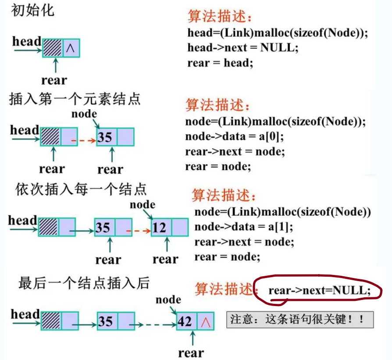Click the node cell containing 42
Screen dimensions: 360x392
(x=185, y=322)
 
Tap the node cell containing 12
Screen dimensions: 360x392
(x=160, y=227)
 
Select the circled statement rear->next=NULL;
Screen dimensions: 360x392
(x=319, y=290)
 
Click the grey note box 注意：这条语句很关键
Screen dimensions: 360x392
(x=300, y=320)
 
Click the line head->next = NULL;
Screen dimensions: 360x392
(x=242, y=47)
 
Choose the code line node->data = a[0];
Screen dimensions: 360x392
(x=235, y=136)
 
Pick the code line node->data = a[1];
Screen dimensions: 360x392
(x=244, y=227)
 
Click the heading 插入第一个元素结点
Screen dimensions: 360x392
(x=75, y=99)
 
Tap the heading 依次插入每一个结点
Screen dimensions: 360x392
(x=81, y=189)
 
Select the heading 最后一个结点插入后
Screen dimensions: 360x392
(x=84, y=283)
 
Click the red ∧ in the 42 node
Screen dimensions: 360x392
(x=205, y=322)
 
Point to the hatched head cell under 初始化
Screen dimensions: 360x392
(x=53, y=48)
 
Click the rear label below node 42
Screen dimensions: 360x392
(x=191, y=353)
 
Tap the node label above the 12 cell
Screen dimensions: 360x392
(x=143, y=205)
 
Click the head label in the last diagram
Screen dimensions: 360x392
(x=25, y=314)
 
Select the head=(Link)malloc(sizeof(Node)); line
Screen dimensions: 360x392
(x=278, y=33)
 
